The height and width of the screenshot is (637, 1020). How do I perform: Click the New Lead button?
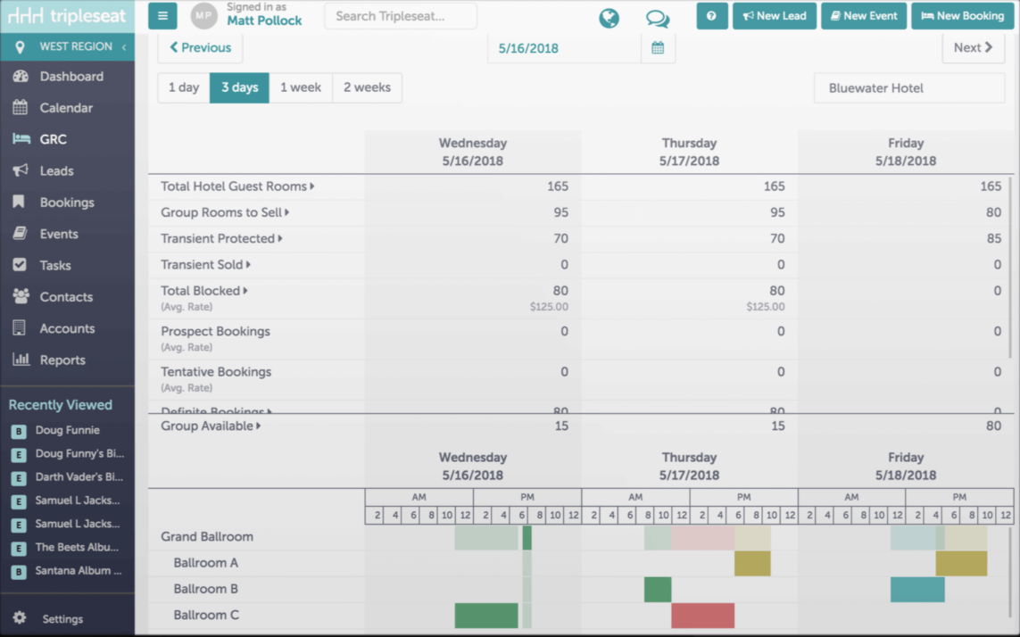coord(774,16)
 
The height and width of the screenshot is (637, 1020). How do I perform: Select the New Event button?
coord(863,16)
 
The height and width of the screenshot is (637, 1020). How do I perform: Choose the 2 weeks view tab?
coord(367,87)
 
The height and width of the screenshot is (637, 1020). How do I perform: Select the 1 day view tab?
coord(184,87)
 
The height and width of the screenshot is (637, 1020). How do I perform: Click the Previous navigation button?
coord(200,48)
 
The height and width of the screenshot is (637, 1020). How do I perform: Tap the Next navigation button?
coord(973,48)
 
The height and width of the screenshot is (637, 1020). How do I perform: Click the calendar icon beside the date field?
coord(658,48)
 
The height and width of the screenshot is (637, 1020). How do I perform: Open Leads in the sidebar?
coord(56,170)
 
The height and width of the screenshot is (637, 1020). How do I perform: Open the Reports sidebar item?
coord(62,360)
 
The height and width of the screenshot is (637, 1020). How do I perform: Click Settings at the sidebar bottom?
coord(62,618)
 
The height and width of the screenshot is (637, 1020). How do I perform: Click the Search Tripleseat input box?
coord(400,16)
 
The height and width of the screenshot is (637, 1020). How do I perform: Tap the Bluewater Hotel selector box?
coord(908,88)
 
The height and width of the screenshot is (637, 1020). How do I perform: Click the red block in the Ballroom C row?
coord(702,616)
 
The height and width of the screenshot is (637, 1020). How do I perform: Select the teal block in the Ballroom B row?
coord(917,590)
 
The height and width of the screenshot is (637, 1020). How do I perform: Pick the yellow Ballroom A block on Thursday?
coord(752,564)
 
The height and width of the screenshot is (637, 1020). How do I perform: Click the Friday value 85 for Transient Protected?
coord(991,238)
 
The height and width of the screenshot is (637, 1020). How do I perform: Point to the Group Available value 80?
coord(993,426)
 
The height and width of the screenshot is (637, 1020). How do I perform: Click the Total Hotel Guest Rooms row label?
coord(234,186)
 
